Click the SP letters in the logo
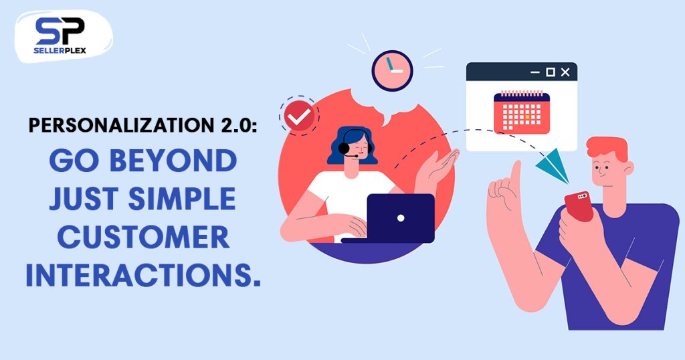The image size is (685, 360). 60,31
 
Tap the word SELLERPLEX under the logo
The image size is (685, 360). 60,50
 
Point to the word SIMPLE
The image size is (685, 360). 182,199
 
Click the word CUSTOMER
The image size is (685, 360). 143,238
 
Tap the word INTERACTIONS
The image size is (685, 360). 143,276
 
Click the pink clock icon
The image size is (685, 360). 392,71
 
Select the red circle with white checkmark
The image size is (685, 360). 299,116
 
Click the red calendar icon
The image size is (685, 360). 522,112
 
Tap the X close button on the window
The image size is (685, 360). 565,72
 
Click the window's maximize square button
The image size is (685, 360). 551,72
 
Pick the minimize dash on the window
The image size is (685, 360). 535,72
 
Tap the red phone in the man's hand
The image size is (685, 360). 579,206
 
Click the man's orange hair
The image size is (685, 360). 608,148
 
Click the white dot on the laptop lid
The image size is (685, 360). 401,218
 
